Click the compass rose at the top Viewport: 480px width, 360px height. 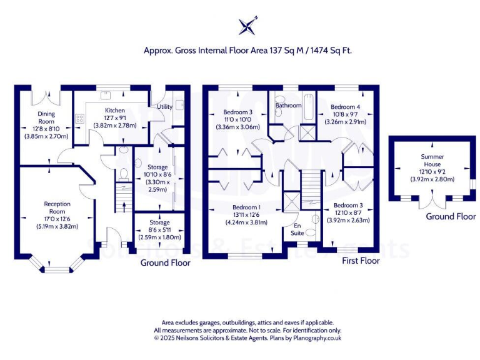pyautogui.click(x=247, y=26)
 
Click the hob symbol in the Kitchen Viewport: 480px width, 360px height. pyautogui.click(x=80, y=117)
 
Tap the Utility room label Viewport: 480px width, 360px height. pyautogui.click(x=164, y=107)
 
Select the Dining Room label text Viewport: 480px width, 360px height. pyautogui.click(x=46, y=117)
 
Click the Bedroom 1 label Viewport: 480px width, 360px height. pyautogui.click(x=246, y=207)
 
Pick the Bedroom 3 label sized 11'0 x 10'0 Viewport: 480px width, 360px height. pyautogui.click(x=237, y=112)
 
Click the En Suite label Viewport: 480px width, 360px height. pyautogui.click(x=297, y=229)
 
